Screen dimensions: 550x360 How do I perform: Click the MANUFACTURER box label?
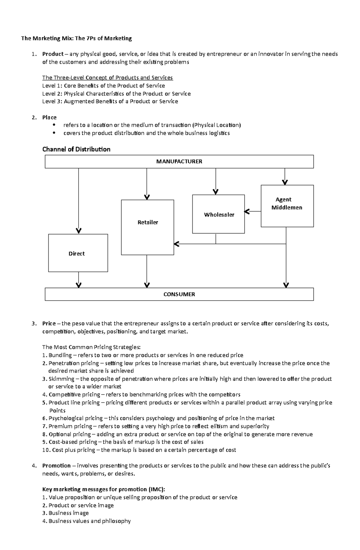coord(179,162)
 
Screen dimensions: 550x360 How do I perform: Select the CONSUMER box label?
coord(179,294)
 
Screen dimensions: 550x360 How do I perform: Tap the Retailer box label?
coord(148,222)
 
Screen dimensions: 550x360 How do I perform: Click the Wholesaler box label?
coord(219,215)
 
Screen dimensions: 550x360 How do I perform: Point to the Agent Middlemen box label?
coord(286,204)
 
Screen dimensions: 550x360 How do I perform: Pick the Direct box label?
coord(76,254)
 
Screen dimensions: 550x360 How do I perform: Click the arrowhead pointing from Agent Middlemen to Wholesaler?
coord(247,212)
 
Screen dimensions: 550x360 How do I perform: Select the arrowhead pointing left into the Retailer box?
coord(177,244)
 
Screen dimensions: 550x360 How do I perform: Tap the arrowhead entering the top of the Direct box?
coord(79,231)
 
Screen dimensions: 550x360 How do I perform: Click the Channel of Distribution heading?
coord(76,149)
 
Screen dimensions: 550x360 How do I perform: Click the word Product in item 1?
coord(53,54)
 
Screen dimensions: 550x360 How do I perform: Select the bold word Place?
coord(49,117)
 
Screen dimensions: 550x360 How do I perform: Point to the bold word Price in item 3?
coord(49,323)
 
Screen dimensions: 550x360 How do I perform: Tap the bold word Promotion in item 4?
coord(56,465)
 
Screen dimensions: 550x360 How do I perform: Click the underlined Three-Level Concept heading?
coord(107,78)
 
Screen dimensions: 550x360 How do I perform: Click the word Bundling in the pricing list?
coord(60,355)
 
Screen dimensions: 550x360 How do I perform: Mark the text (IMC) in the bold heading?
coord(157,489)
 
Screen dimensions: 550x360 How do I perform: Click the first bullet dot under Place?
coord(54,125)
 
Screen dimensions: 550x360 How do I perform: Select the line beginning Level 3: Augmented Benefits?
coord(110,101)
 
